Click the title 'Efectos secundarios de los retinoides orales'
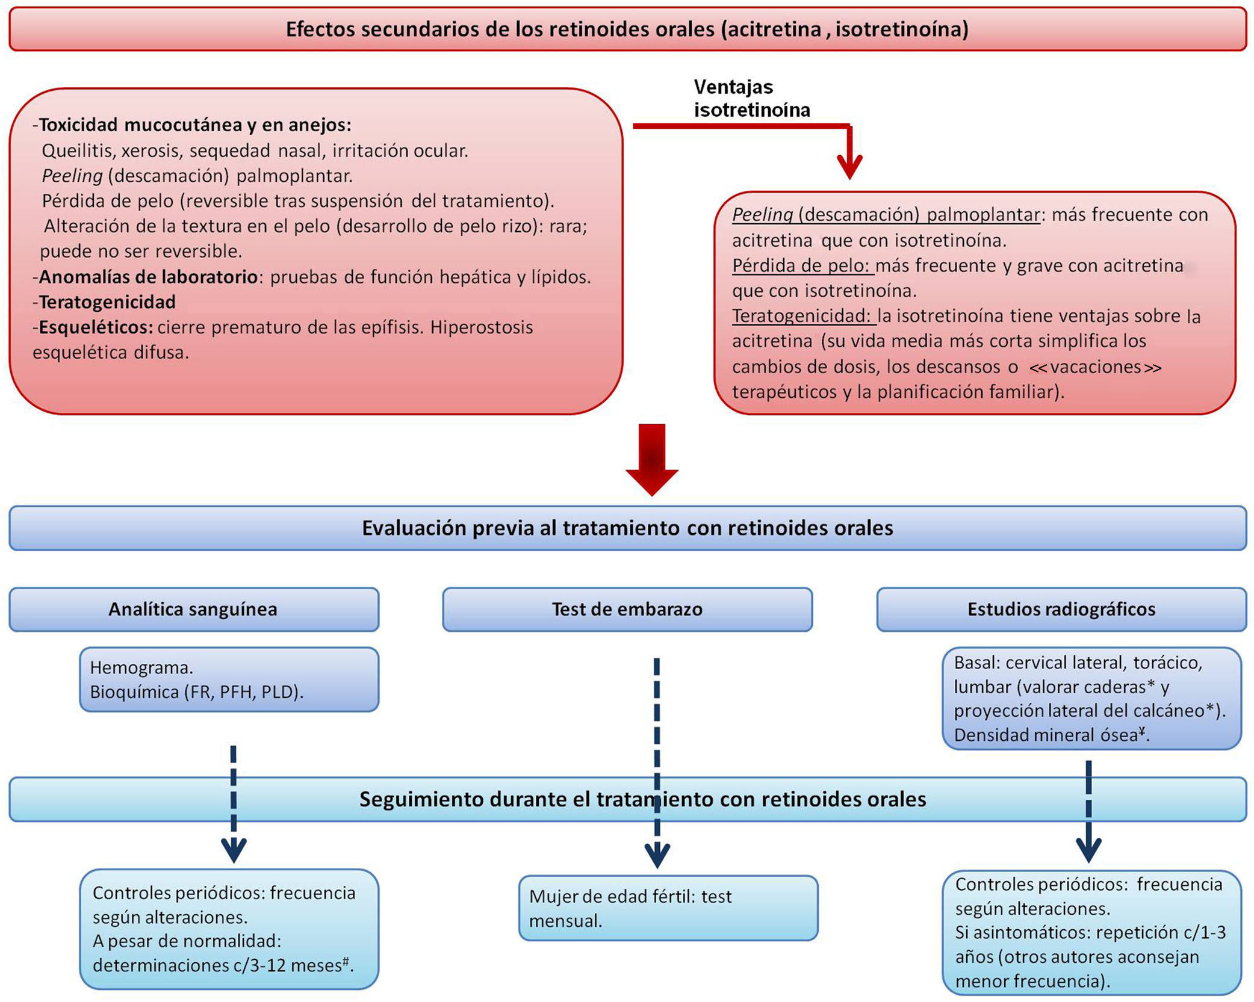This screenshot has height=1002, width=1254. pos(626,29)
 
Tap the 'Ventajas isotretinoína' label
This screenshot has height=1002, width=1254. pos(751,98)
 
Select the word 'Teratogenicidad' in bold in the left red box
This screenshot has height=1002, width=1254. pos(107,302)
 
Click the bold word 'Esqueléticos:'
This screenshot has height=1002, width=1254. pos(96,327)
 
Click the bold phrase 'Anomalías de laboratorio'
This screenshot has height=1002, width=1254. pos(148,276)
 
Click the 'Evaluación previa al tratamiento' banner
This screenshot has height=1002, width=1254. pos(627,528)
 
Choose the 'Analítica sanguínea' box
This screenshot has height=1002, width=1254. pos(193,609)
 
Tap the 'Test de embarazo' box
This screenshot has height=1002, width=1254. pos(627,609)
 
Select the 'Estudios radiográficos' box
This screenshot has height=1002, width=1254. pos(1061,609)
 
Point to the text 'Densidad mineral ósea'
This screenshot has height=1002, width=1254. pos(1046,735)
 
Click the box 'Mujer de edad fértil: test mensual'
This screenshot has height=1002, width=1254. pos(668,908)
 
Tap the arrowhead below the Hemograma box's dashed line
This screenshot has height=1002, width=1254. pos(234,850)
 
